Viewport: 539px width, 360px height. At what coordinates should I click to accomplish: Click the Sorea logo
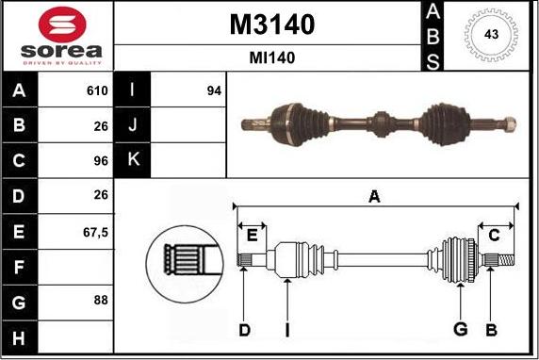[57, 36]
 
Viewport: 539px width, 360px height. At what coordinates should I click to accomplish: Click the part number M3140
[272, 25]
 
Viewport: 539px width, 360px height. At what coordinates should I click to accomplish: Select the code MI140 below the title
[272, 57]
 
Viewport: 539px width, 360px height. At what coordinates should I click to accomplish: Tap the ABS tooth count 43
[490, 35]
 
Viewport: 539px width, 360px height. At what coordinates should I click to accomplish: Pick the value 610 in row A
[97, 91]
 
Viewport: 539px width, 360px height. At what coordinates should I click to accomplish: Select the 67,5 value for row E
[95, 230]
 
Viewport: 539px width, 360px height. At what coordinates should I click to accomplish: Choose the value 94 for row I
[213, 91]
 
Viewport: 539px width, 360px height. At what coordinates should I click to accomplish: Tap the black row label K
[132, 159]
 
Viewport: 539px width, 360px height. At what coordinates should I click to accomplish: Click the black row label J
[132, 125]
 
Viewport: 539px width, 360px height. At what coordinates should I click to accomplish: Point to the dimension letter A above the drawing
[374, 196]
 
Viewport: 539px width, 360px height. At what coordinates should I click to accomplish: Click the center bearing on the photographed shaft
[381, 123]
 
